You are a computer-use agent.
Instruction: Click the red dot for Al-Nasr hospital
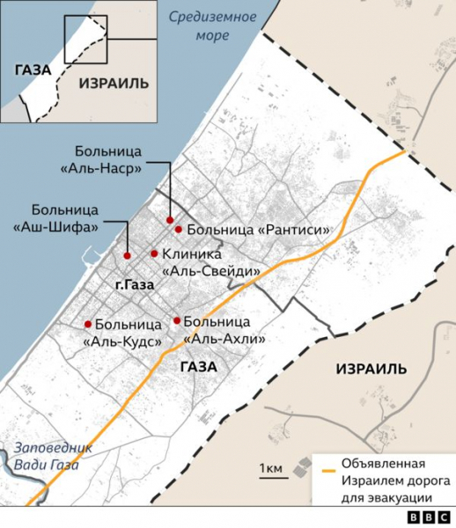[x=170, y=220]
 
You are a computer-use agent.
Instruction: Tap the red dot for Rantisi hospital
[x=179, y=230]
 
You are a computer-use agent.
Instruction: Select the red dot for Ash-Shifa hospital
[x=128, y=255]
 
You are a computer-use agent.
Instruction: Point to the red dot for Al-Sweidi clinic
[x=154, y=253]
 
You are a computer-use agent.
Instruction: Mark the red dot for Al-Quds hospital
[x=87, y=323]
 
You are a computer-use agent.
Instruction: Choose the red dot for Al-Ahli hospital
[x=177, y=320]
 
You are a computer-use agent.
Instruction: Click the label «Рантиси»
[x=291, y=231]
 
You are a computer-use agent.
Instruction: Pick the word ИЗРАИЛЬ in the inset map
[x=114, y=83]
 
